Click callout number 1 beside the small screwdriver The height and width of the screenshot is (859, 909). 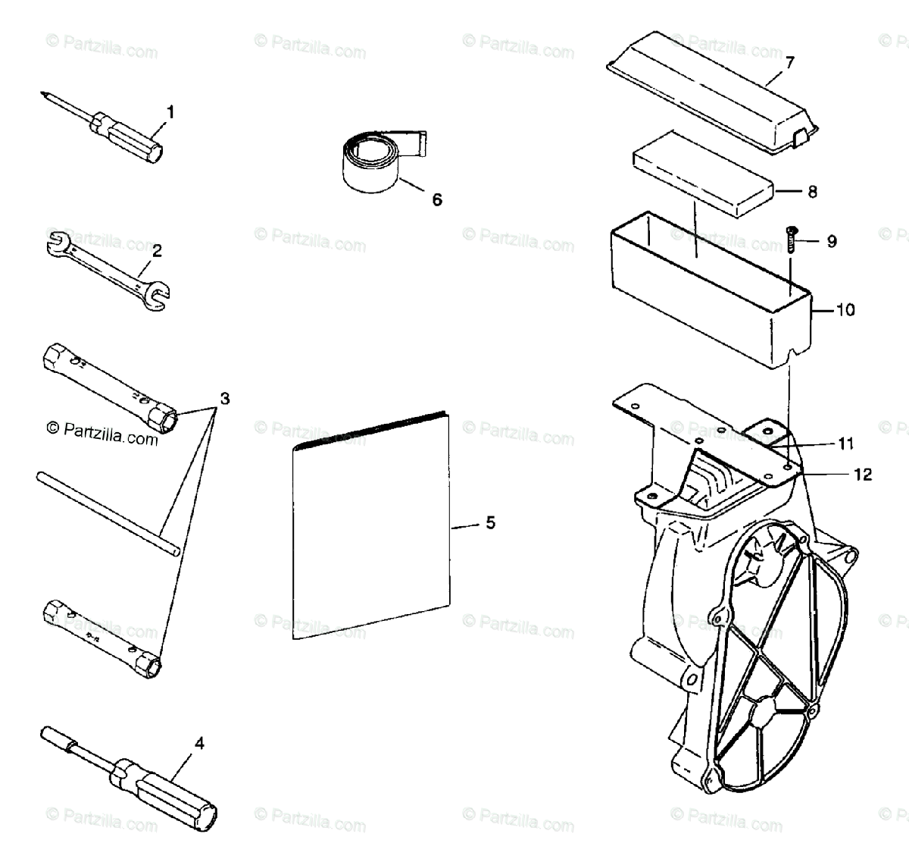click(170, 112)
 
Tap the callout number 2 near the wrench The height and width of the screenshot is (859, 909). click(157, 249)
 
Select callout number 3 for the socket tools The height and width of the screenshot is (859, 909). click(224, 397)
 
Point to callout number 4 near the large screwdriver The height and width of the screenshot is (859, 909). click(199, 744)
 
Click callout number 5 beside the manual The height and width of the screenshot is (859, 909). click(490, 522)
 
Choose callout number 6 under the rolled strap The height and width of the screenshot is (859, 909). click(436, 199)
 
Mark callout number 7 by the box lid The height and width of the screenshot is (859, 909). click(790, 62)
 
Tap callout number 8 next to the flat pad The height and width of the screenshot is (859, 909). click(812, 192)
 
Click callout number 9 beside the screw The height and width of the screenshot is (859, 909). click(832, 242)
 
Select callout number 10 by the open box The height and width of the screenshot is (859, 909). click(845, 309)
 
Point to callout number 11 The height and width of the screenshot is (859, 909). click(845, 443)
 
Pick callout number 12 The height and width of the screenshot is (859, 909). click(863, 475)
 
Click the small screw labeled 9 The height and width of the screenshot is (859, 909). click(791, 238)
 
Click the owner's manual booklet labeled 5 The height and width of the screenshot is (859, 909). click(371, 531)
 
